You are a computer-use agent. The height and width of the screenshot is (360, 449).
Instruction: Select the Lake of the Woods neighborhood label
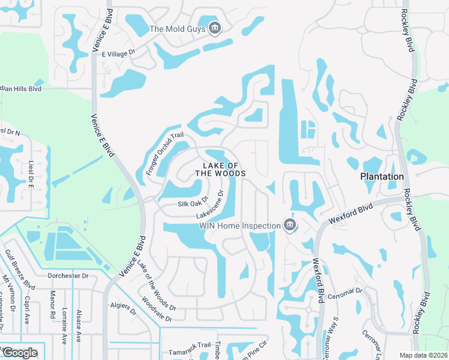(x=220, y=169)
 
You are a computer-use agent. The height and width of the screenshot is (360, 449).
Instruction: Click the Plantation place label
(x=382, y=176)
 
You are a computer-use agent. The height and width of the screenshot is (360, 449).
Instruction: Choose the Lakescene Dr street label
(x=212, y=206)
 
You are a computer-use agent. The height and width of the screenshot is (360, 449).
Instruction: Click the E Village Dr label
(x=119, y=53)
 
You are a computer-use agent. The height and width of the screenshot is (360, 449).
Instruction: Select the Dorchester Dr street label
(x=68, y=276)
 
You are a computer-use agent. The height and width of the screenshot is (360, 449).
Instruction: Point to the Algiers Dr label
(x=124, y=307)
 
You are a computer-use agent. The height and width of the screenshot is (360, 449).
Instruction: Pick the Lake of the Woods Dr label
(x=155, y=286)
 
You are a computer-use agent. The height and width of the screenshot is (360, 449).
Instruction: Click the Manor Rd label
(x=53, y=305)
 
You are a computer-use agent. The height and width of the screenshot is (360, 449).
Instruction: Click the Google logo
(x=20, y=352)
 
